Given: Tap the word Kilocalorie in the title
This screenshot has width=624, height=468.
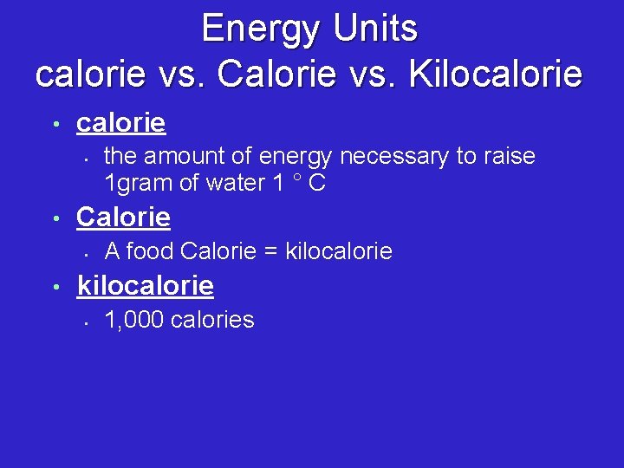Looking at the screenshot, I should pyautogui.click(x=495, y=74).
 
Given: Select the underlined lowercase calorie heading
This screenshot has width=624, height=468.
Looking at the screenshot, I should pyautogui.click(x=120, y=123).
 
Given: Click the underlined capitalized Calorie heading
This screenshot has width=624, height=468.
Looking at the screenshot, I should pyautogui.click(x=123, y=217).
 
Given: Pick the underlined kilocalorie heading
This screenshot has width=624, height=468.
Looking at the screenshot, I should pyautogui.click(x=146, y=285).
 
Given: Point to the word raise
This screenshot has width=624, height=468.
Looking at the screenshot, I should pyautogui.click(x=506, y=157).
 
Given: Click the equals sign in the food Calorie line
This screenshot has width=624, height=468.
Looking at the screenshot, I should pyautogui.click(x=270, y=252).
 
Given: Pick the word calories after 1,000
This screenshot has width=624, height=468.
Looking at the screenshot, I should pyautogui.click(x=212, y=321).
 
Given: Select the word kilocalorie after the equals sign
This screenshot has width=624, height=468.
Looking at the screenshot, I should pyautogui.click(x=339, y=252).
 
